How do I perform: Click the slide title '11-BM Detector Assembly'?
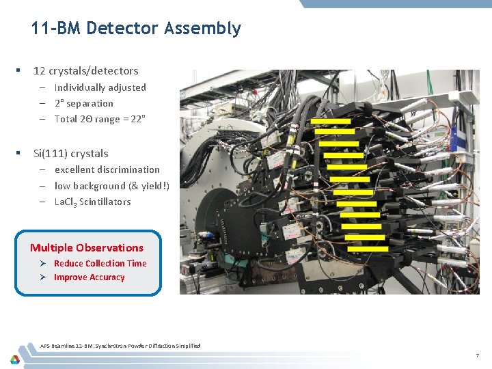click(x=136, y=29)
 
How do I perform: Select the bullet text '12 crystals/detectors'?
click(x=85, y=71)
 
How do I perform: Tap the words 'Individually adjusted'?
click(x=100, y=87)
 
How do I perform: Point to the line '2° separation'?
click(x=83, y=103)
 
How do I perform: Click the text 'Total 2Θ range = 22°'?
click(x=100, y=119)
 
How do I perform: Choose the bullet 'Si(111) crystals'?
click(x=70, y=154)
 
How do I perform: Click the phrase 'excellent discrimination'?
click(x=107, y=169)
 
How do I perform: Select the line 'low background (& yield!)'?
click(x=111, y=186)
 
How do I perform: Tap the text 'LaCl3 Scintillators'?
click(x=92, y=202)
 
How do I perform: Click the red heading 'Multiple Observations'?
click(x=87, y=248)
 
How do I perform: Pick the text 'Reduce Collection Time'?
click(x=100, y=263)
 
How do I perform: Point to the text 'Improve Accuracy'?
click(x=89, y=277)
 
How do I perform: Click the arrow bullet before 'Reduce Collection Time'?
click(x=42, y=263)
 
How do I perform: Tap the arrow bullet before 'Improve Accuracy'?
click(x=42, y=277)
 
